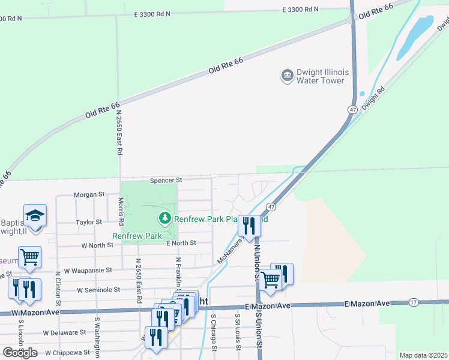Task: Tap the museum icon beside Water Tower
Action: (x=286, y=76)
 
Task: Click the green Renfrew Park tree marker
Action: (x=164, y=218)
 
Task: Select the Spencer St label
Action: (x=166, y=180)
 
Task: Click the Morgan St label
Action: (x=89, y=195)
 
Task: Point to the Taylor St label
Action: (x=89, y=223)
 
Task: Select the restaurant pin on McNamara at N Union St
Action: (x=249, y=226)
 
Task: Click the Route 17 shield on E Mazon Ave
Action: (x=413, y=301)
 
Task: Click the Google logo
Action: (x=20, y=353)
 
